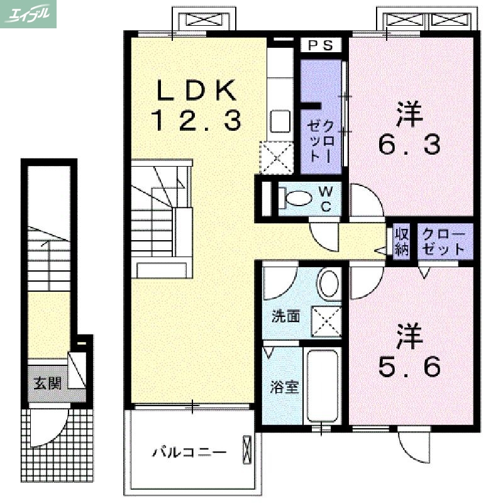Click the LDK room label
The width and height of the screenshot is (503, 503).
click(x=196, y=92)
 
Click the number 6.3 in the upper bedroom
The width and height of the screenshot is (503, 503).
click(x=409, y=145)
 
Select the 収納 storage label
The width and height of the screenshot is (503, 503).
click(x=402, y=241)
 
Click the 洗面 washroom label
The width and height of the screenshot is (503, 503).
click(x=285, y=316)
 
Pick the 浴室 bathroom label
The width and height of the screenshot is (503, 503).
click(x=284, y=386)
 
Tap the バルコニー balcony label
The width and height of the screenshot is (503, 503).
click(x=189, y=452)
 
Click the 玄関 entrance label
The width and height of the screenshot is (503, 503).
click(x=47, y=383)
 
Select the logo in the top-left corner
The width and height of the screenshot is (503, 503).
click(x=29, y=14)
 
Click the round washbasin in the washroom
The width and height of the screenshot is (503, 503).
click(x=329, y=284)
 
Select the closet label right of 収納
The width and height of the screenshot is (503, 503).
click(x=443, y=241)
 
